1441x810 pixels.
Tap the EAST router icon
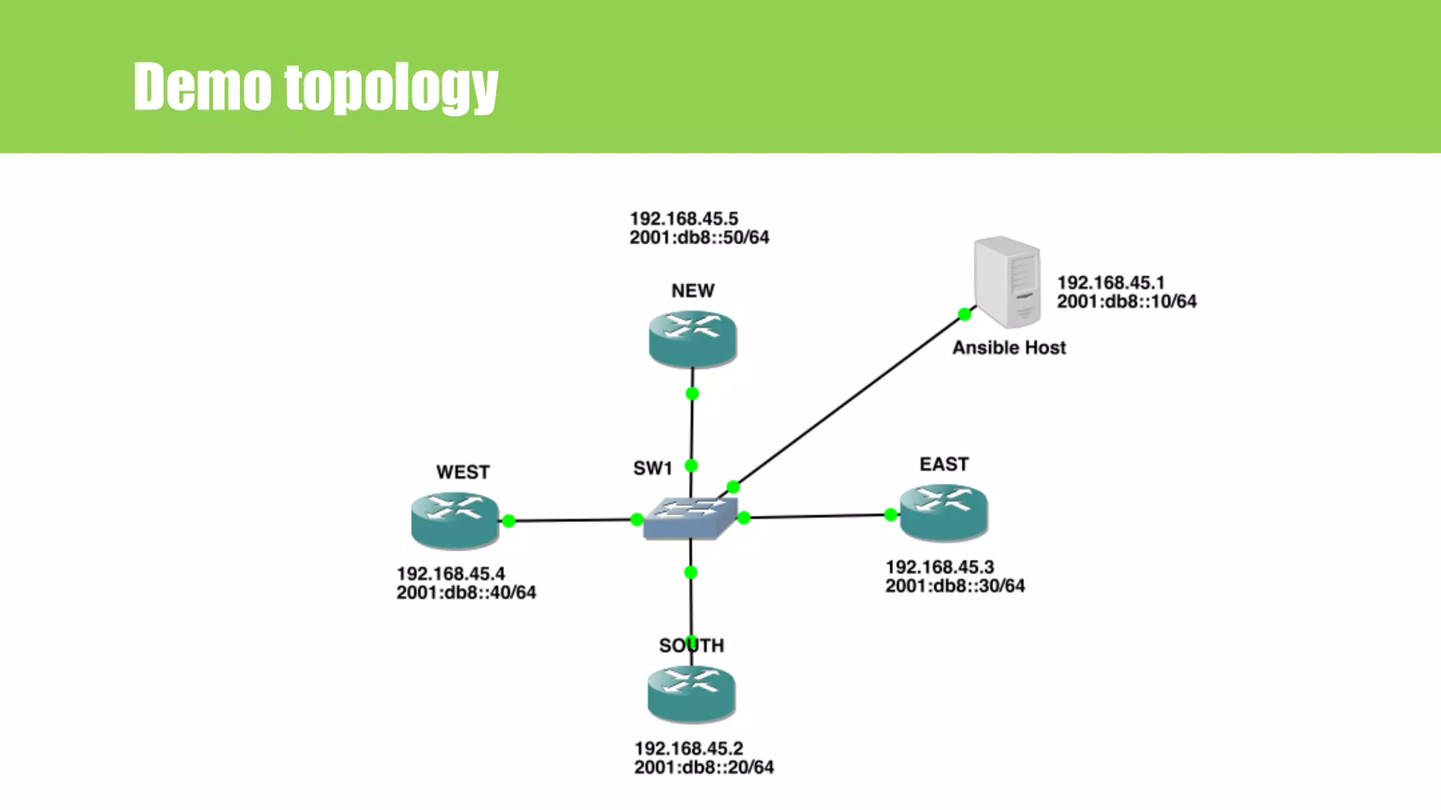(x=944, y=512)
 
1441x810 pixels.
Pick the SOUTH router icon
(x=691, y=693)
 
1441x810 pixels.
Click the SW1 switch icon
(x=690, y=517)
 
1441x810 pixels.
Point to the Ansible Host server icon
(x=1007, y=282)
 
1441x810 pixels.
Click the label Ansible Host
(x=1009, y=347)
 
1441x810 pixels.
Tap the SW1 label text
(x=652, y=468)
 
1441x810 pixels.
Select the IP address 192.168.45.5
(x=683, y=219)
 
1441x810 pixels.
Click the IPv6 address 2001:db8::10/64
(x=1126, y=301)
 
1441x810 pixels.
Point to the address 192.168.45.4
(x=450, y=574)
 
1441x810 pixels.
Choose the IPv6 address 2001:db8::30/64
(x=955, y=586)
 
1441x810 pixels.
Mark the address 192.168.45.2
(x=688, y=748)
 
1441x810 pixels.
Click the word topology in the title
(x=391, y=87)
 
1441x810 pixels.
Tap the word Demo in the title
(x=202, y=87)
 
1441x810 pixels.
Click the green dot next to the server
(x=965, y=314)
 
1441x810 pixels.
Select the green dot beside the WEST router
(x=509, y=521)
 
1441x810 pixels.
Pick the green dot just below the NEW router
(x=692, y=394)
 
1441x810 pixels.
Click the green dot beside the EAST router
(x=891, y=515)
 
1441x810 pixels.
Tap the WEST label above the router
(x=462, y=472)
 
